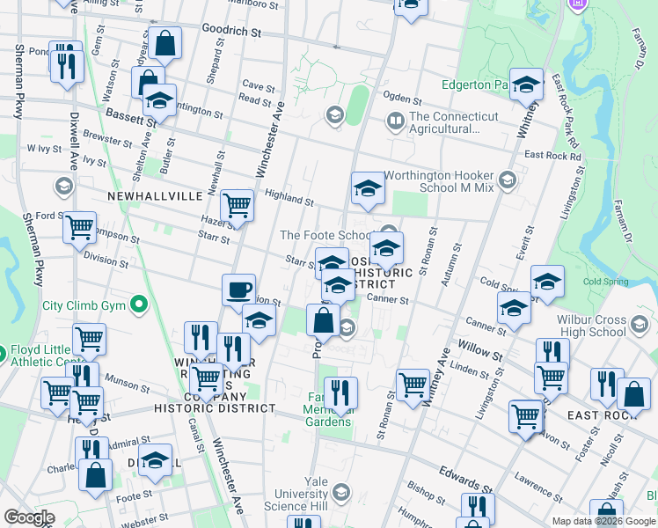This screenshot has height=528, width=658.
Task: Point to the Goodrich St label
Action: [232, 31]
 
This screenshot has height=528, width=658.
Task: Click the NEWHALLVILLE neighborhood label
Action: [155, 195]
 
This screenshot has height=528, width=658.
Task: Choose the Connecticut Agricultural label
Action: [453, 122]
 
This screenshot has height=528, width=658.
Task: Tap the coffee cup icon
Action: [238, 290]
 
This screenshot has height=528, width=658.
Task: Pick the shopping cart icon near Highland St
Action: [238, 206]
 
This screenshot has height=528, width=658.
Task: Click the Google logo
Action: [29, 518]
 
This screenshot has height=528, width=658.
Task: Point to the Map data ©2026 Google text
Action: [603, 521]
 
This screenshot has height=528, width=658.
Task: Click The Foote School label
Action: [325, 235]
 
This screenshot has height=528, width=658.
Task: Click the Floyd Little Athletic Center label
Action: [41, 355]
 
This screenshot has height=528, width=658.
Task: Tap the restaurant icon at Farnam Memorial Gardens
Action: [340, 392]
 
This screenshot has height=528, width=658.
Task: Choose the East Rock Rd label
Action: [552, 156]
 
